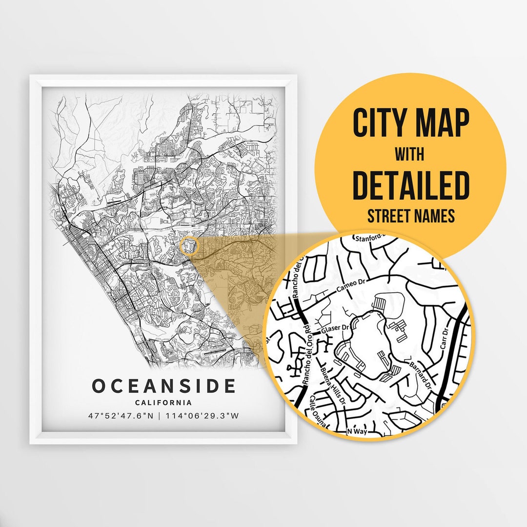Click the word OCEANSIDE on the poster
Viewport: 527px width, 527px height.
(163, 386)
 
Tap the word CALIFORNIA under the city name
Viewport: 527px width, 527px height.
(163, 403)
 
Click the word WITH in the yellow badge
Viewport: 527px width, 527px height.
(409, 155)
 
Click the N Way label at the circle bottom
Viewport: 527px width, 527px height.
(356, 431)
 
